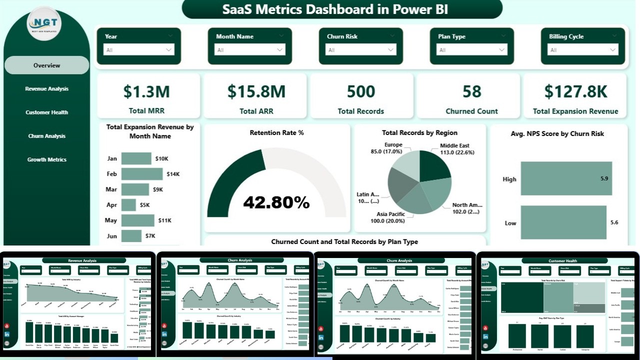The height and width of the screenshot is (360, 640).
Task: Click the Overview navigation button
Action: pos(46,65)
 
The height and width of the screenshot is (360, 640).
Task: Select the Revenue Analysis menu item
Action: pos(46,89)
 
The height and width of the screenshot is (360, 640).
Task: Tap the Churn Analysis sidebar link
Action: pos(46,136)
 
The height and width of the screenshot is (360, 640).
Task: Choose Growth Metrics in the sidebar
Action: pos(46,159)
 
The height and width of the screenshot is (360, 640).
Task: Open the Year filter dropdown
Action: pos(138,50)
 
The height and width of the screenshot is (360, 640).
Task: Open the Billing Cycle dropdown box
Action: pos(582,50)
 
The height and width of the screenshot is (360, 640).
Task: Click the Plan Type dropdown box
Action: pos(471,50)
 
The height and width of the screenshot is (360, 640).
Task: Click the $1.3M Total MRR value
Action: pos(146,91)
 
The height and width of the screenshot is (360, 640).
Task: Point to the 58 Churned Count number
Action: pos(471,91)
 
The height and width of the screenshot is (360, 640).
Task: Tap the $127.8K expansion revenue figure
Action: pos(575,91)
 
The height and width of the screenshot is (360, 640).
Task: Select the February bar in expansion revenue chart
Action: pos(142,174)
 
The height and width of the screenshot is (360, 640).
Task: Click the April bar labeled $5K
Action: pos(128,205)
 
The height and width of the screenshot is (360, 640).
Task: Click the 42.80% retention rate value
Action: pos(276,202)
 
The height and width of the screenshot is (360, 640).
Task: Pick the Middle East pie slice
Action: pos(434,165)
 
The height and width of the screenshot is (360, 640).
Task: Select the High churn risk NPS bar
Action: pos(566,178)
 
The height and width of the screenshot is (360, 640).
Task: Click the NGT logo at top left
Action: pos(43,23)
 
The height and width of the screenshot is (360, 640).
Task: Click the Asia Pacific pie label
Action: pos(387,218)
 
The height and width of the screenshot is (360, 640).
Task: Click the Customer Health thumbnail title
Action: pos(562,260)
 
